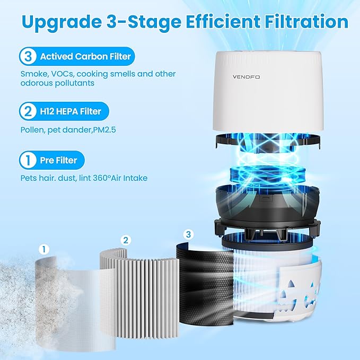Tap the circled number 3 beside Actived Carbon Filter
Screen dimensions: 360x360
tap(28, 56)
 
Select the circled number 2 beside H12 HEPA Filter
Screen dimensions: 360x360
tap(28, 112)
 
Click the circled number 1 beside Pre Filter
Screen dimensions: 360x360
tap(28, 160)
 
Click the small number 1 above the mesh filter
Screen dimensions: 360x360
tap(45, 248)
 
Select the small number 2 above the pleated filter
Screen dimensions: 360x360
tap(125, 240)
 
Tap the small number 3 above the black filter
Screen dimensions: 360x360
tap(188, 234)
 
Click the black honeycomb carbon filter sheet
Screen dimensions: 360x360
tap(204, 286)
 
